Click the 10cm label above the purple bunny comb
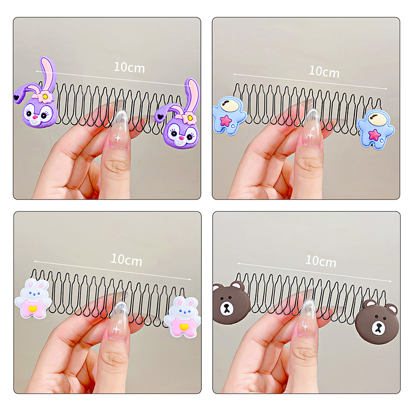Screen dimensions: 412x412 pyautogui.click(x=129, y=67)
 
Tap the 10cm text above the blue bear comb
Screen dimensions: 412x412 pyautogui.click(x=324, y=72)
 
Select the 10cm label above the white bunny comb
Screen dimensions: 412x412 pyautogui.click(x=126, y=260)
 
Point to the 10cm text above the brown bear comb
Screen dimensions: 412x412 pyautogui.click(x=321, y=261)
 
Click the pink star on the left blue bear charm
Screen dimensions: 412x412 pyautogui.click(x=226, y=121)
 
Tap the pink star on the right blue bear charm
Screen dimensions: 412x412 pyautogui.click(x=375, y=134)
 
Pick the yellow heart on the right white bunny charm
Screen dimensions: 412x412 pyautogui.click(x=183, y=327)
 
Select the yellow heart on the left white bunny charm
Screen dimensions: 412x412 pyautogui.click(x=32, y=308)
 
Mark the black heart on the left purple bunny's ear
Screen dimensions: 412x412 pyautogui.click(x=16, y=97)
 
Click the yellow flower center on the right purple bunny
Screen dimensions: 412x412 pyautogui.click(x=188, y=118)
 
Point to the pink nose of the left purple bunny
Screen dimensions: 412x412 pyautogui.click(x=35, y=117)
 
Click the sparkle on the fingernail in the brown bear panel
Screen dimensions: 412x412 pyautogui.click(x=305, y=327)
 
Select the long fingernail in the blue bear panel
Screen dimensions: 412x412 pyautogui.click(x=312, y=129)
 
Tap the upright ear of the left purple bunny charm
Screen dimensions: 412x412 pyautogui.click(x=48, y=73)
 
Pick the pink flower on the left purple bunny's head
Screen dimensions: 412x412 pyautogui.click(x=45, y=97)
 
